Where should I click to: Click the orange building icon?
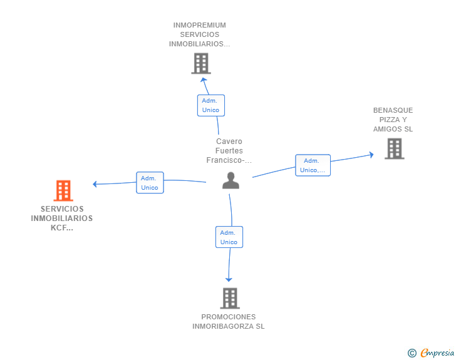(63, 190)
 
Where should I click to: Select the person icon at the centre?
(231, 180)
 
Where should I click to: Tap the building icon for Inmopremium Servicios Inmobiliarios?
(201, 63)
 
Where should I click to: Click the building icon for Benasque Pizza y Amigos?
(395, 148)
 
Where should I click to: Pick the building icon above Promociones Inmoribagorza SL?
(230, 298)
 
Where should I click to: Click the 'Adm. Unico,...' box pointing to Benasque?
(313, 165)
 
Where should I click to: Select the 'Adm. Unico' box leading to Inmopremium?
(211, 105)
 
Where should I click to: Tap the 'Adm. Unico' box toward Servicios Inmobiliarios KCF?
(150, 183)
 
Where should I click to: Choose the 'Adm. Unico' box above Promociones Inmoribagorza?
(229, 237)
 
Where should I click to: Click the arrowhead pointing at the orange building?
(95, 184)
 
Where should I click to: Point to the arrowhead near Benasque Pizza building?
(371, 155)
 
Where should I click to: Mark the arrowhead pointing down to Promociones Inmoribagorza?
(229, 280)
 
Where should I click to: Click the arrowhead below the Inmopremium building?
(204, 80)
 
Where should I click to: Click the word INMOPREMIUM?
(199, 25)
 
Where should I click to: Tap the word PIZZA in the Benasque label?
(390, 120)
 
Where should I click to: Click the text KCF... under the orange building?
(62, 228)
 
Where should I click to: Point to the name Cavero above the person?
(229, 141)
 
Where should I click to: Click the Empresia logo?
(437, 352)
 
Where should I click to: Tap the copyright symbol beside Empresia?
(412, 353)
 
